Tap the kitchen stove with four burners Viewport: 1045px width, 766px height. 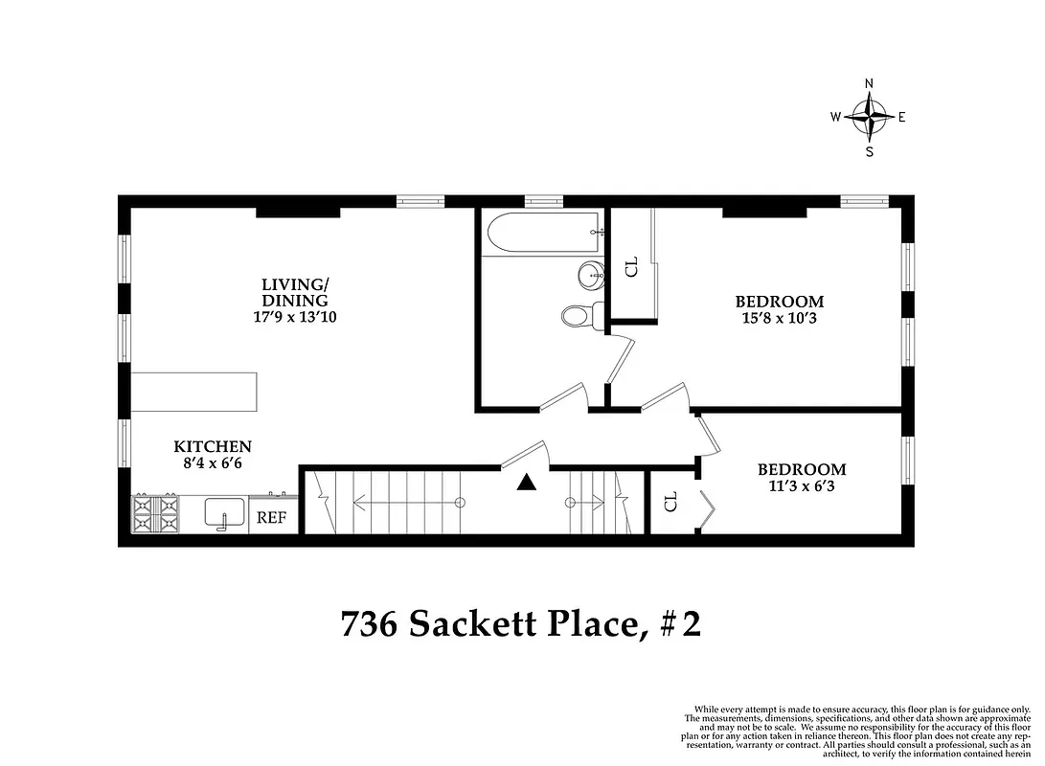(154, 513)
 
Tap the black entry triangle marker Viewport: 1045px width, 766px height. (525, 484)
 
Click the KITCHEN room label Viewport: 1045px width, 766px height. (213, 446)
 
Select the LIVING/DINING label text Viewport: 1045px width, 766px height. (295, 292)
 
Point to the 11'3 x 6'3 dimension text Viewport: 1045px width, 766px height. (802, 486)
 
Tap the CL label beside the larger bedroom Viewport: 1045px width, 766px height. (631, 266)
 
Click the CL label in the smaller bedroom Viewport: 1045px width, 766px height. (670, 501)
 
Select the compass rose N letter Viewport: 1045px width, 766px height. (870, 83)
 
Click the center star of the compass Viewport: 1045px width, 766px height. (870, 117)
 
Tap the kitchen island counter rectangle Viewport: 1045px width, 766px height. (194, 393)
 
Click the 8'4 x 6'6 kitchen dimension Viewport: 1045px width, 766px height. (213, 463)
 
